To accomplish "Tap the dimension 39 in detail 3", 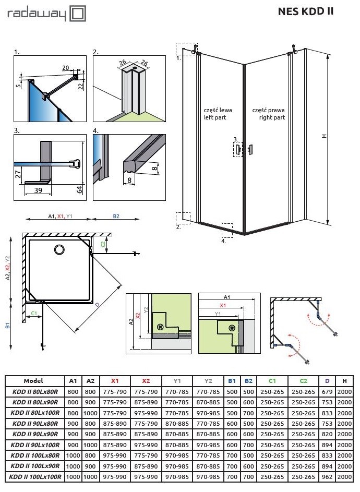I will point(38,191).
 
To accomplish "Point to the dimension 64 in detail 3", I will point(80,188).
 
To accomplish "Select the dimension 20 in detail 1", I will point(66,68).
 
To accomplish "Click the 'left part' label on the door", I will point(218,118).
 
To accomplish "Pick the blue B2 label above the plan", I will point(116,216).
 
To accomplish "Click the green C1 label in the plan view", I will point(33,313).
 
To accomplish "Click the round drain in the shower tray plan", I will point(56,250).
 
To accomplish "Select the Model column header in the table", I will point(33,381).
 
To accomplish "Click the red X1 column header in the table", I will point(115,381).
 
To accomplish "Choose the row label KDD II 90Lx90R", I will point(35,434).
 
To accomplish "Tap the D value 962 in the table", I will point(327,476).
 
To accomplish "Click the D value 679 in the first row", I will point(327,391).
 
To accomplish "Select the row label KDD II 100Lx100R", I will point(35,476).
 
